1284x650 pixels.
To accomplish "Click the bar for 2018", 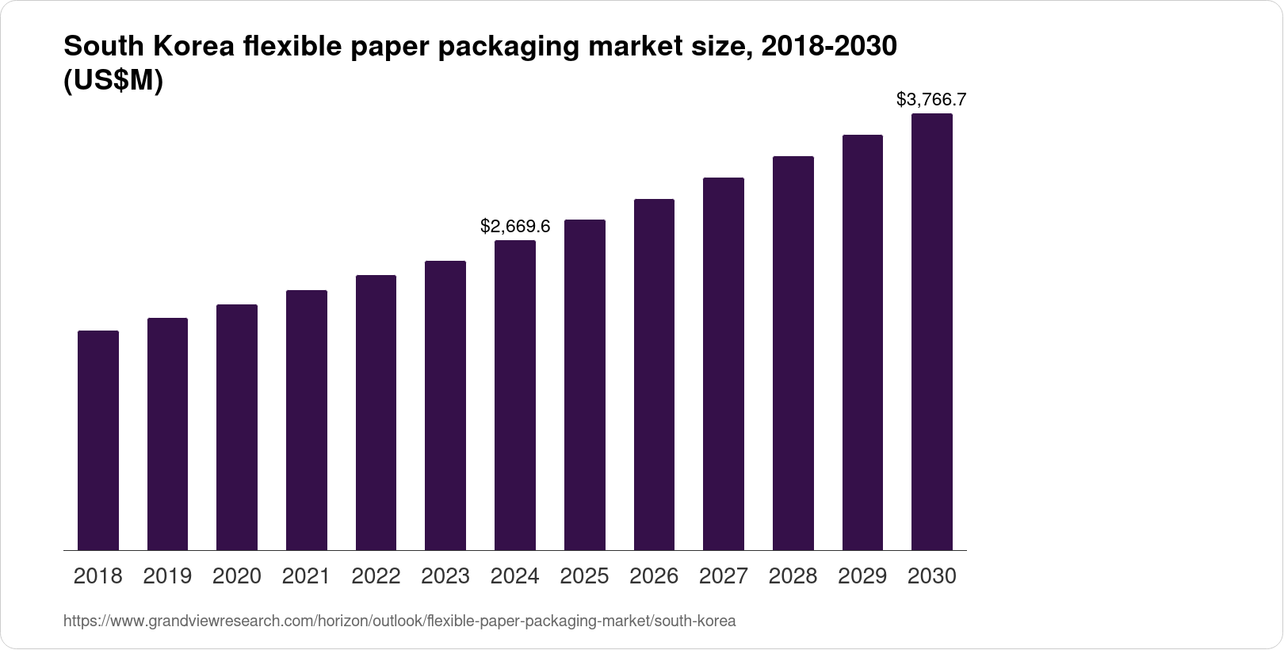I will click(98, 440).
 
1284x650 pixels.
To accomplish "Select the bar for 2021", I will click(307, 420).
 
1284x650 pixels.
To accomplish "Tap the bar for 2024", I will click(515, 395).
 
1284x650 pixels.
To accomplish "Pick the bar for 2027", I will click(724, 364).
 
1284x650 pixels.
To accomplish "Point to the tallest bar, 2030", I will click(932, 331).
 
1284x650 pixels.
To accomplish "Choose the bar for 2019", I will click(167, 434).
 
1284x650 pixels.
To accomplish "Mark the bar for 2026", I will click(654, 374).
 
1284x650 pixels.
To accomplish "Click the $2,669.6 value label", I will click(515, 227).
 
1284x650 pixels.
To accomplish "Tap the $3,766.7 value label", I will click(931, 100).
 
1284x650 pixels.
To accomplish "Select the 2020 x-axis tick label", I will click(237, 576).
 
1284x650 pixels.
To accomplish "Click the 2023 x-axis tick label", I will click(445, 576).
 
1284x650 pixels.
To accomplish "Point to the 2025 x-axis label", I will click(584, 576).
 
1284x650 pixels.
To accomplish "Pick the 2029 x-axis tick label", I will click(862, 576).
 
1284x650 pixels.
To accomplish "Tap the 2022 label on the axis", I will click(376, 576).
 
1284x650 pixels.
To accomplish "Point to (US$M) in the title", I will click(113, 81).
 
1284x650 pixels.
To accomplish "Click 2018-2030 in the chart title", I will click(827, 48).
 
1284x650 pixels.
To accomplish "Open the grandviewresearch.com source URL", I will click(399, 621).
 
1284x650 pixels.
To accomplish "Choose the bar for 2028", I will click(793, 353).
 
